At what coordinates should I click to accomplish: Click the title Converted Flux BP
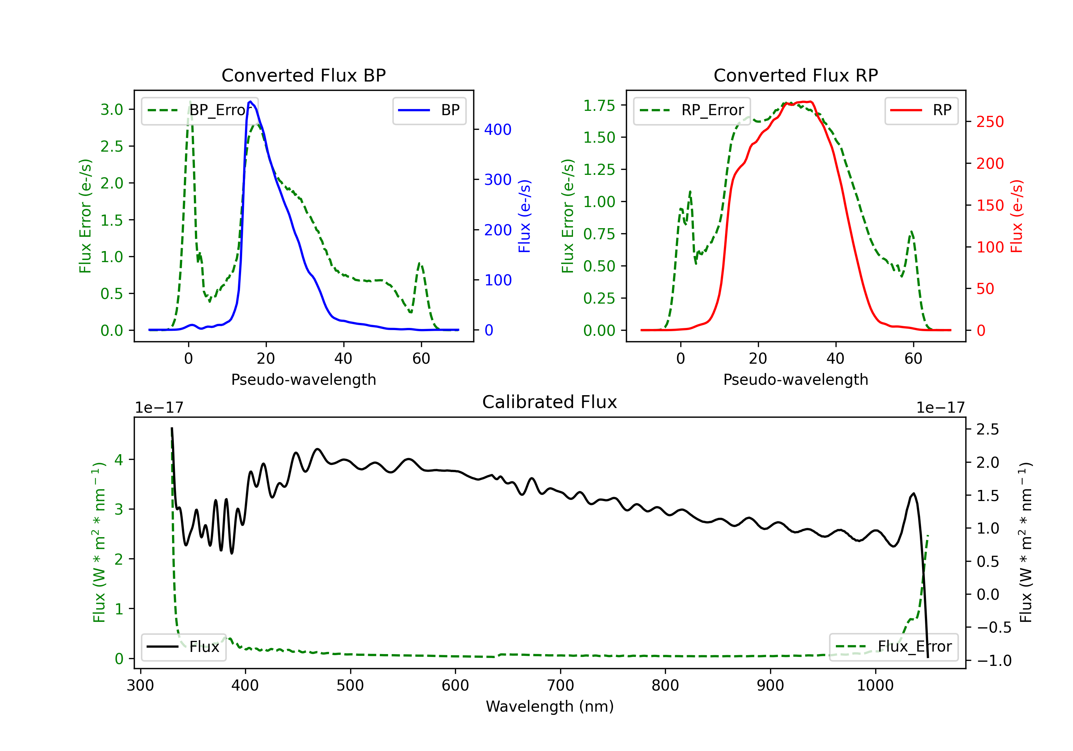pyautogui.click(x=303, y=75)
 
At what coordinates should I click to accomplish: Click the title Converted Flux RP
pyautogui.click(x=795, y=75)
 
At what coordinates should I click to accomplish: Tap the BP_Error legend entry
pyautogui.click(x=200, y=110)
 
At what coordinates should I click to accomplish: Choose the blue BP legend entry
pyautogui.click(x=429, y=110)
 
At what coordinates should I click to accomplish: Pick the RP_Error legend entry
pyautogui.click(x=692, y=110)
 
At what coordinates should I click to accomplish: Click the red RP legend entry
pyautogui.click(x=921, y=110)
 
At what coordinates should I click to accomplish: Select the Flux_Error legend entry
pyautogui.click(x=893, y=647)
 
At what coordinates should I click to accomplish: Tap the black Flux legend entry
pyautogui.click(x=183, y=647)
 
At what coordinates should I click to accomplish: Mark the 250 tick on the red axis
pyautogui.click(x=990, y=122)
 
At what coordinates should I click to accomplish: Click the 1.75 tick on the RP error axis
pyautogui.click(x=599, y=105)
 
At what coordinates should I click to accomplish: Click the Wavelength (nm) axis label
pyautogui.click(x=550, y=706)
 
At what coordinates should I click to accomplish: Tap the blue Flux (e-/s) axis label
pyautogui.click(x=525, y=216)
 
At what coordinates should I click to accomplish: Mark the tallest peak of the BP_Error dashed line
pyautogui.click(x=190, y=102)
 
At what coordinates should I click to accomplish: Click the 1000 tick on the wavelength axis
pyautogui.click(x=875, y=686)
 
